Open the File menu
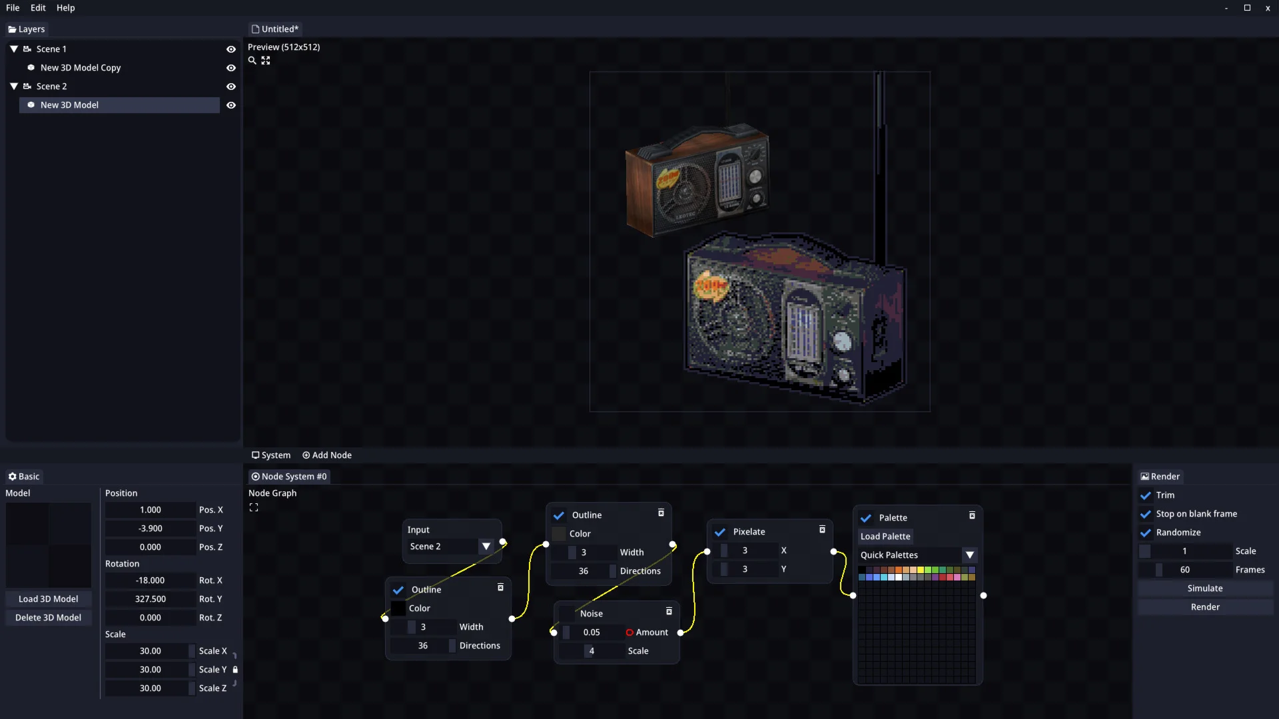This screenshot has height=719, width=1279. [x=13, y=8]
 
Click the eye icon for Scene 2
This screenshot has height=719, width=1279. [x=231, y=87]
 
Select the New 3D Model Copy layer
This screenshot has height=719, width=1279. [x=81, y=68]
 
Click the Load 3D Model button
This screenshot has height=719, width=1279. [x=49, y=599]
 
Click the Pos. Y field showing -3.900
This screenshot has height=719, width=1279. [x=151, y=529]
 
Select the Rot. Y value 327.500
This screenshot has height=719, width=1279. [x=151, y=599]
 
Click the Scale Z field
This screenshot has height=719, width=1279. [x=151, y=688]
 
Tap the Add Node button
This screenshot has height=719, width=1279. [x=327, y=455]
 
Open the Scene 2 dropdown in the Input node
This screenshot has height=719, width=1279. [x=486, y=547]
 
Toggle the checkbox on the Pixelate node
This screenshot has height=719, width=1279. [x=720, y=532]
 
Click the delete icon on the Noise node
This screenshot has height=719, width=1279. [x=669, y=611]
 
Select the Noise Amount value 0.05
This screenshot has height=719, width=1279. [x=592, y=632]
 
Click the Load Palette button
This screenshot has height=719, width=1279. [x=885, y=537]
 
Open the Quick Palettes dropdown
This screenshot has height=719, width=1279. [x=970, y=555]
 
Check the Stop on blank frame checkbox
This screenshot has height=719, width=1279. [x=1146, y=514]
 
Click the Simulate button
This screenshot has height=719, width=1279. [x=1205, y=589]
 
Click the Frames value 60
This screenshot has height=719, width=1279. [x=1185, y=570]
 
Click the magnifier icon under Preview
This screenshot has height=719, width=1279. [x=252, y=61]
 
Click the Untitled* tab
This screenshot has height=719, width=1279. [x=275, y=29]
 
